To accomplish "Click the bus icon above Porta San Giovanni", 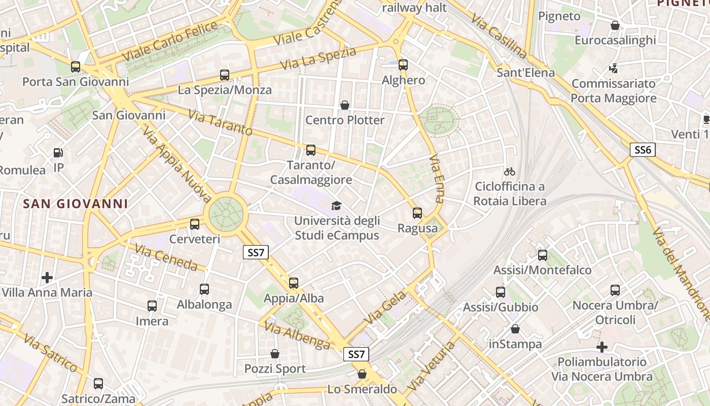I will (x=76, y=66).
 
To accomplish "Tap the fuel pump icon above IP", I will (x=58, y=152).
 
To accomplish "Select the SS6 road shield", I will (x=643, y=150).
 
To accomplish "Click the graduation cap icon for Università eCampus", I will (x=336, y=206).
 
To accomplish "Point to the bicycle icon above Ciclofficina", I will (x=510, y=172).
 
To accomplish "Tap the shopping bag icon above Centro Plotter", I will (x=345, y=105).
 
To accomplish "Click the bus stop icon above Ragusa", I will (x=417, y=213).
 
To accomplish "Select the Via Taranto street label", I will (x=220, y=122).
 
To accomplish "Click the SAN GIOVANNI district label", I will (x=76, y=204).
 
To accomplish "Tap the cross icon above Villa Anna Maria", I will (x=47, y=277).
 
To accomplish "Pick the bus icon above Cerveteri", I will (x=195, y=224).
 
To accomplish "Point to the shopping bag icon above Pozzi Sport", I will (x=275, y=353).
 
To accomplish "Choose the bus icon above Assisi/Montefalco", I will (x=543, y=255).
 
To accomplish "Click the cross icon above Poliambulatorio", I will (x=602, y=347).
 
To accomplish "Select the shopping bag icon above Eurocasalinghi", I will (x=615, y=25).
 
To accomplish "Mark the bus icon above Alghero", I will (x=403, y=65).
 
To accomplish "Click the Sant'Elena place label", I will (x=526, y=73).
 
